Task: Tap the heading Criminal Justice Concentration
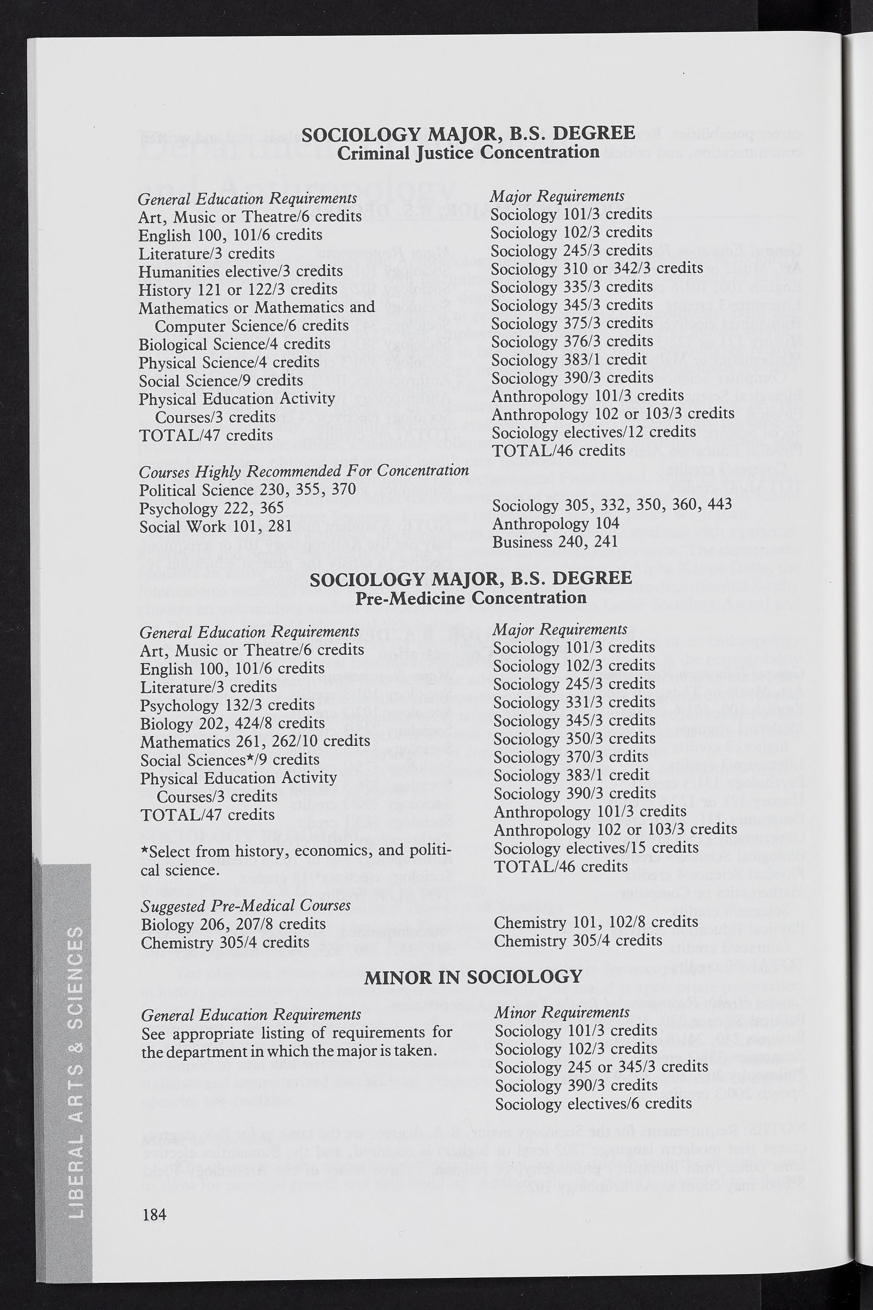(468, 152)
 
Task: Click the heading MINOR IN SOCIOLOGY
(473, 977)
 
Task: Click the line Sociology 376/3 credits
(572, 341)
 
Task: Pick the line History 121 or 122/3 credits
(238, 290)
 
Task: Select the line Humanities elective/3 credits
(240, 271)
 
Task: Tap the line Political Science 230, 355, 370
(247, 490)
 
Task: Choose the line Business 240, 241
(555, 542)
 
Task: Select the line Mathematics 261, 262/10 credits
(255, 741)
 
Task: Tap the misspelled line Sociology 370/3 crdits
(571, 757)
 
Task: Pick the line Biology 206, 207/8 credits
(233, 924)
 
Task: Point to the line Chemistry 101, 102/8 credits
(596, 922)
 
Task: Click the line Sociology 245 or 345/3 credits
(601, 1067)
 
